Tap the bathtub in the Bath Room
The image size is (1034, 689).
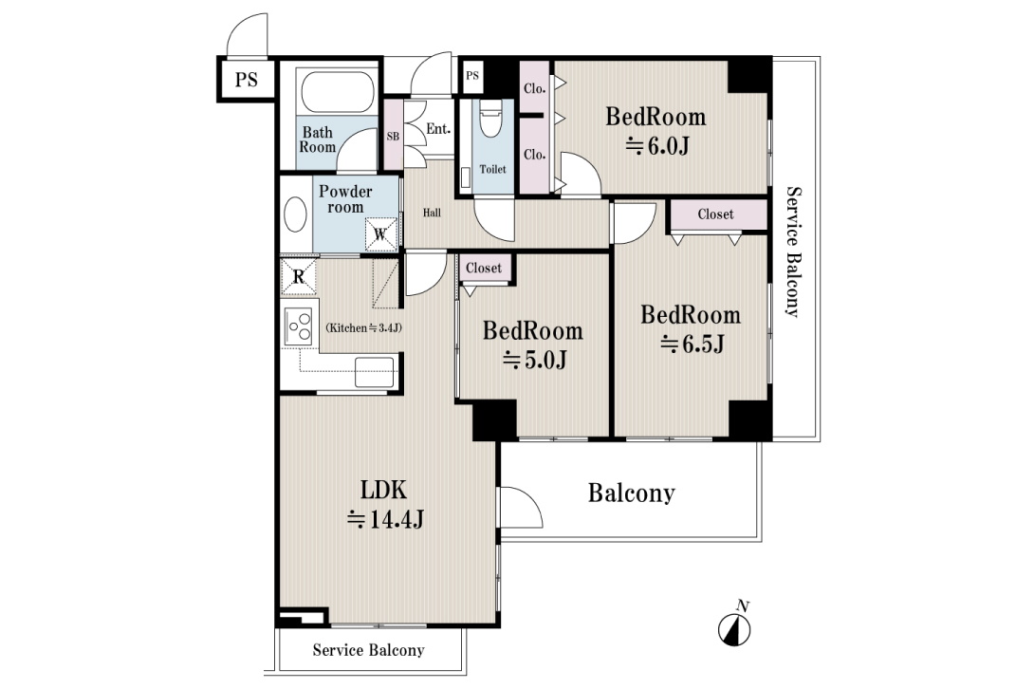(x=338, y=90)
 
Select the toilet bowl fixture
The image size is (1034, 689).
(x=490, y=119)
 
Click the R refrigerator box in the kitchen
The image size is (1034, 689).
(x=299, y=276)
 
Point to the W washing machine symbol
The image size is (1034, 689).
(x=381, y=234)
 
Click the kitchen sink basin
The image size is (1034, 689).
(x=375, y=372)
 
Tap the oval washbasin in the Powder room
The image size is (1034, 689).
(x=295, y=214)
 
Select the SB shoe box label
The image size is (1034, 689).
(x=393, y=137)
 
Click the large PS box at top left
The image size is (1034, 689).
(x=246, y=80)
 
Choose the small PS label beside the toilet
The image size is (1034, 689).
(x=472, y=76)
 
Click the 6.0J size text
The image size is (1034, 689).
(x=656, y=146)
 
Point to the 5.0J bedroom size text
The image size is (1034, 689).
(x=535, y=360)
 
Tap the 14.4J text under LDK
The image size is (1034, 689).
(x=386, y=519)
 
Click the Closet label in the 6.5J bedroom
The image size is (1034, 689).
(x=715, y=214)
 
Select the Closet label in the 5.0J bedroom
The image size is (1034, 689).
(x=484, y=268)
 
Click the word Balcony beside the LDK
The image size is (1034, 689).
(x=632, y=493)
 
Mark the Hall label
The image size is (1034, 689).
(x=432, y=213)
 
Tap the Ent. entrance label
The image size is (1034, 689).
(x=438, y=129)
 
